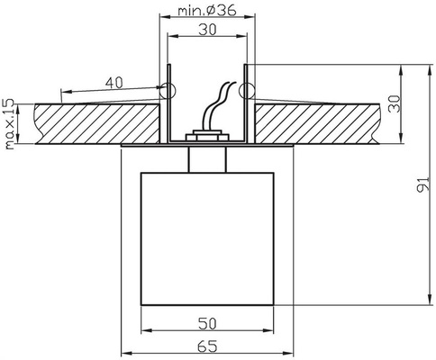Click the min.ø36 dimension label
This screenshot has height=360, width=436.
coord(207,11)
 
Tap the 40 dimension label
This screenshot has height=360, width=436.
coord(114,83)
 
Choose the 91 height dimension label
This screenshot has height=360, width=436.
coord(423,184)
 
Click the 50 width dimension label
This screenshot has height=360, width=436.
coord(207,324)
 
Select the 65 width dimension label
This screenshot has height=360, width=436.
coord(207,346)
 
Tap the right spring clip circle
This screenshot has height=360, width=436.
coord(247,92)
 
